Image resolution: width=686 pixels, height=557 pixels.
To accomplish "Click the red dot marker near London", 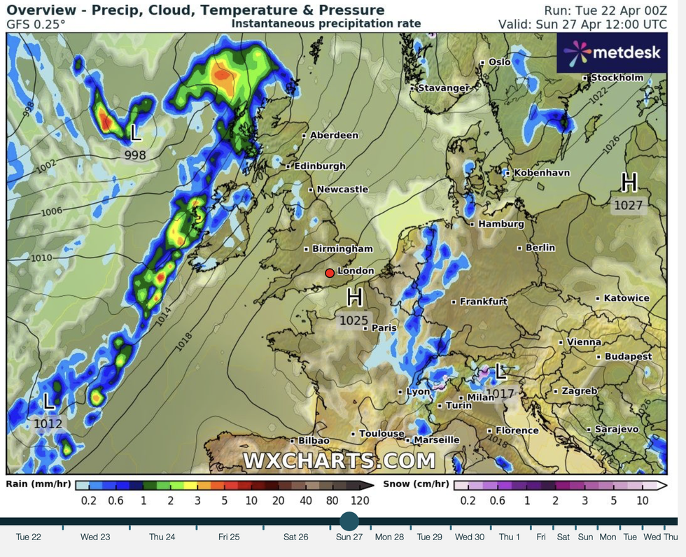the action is [330, 273].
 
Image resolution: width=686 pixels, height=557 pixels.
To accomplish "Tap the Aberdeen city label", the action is [334, 135].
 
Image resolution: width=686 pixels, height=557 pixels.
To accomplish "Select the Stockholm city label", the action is [616, 78].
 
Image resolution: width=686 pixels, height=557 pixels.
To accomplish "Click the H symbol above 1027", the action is [629, 183].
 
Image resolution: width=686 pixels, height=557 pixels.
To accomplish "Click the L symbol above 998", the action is [136, 132].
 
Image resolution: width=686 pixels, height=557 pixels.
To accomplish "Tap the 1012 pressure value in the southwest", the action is [48, 423].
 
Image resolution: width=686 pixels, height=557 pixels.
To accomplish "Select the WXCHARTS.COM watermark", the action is [339, 460].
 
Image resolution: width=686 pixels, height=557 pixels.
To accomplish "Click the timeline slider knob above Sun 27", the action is [349, 521].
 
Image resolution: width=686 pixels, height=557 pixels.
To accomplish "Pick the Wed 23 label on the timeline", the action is [95, 537].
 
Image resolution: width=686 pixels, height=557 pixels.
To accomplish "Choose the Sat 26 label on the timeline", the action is [295, 537].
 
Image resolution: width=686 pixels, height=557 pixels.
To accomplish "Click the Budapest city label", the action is [628, 356].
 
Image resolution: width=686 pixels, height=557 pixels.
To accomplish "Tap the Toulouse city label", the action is [381, 434].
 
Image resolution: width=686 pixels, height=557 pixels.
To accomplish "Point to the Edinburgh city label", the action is [320, 167].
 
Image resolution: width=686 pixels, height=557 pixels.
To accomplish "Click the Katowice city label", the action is [626, 298].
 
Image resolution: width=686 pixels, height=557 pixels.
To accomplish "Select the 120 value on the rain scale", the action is [359, 500].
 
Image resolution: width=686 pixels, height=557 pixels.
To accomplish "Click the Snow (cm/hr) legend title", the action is [416, 484].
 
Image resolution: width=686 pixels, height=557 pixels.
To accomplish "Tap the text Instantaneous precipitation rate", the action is [326, 24].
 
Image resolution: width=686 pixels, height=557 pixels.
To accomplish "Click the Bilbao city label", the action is [314, 440].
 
